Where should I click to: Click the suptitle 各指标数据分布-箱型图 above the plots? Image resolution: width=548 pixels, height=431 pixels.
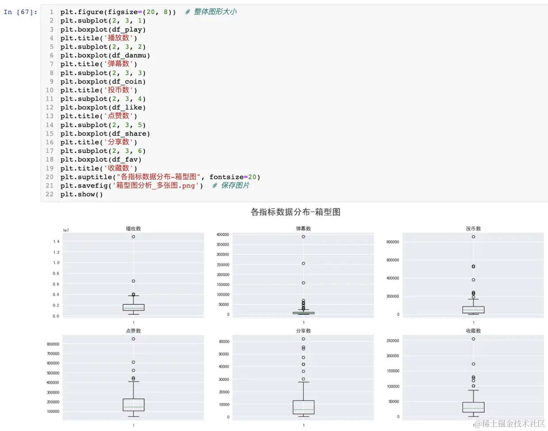(295, 212)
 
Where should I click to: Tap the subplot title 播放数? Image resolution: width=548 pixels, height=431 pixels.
(133, 229)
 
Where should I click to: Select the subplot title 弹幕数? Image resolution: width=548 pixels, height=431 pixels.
(303, 229)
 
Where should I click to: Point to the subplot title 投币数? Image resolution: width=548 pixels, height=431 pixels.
(473, 229)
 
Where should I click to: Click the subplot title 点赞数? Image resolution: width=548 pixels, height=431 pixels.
(133, 331)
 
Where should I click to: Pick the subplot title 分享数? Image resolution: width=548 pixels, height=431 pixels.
(303, 331)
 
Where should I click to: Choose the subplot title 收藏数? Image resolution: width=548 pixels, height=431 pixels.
(473, 331)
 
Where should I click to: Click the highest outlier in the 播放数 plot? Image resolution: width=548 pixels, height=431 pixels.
(133, 237)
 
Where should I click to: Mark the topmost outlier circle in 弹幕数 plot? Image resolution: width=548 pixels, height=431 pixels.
(303, 237)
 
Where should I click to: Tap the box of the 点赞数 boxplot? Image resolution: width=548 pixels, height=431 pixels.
(133, 405)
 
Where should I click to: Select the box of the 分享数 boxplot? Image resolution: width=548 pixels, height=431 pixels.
(303, 407)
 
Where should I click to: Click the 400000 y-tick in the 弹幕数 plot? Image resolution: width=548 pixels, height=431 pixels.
(222, 234)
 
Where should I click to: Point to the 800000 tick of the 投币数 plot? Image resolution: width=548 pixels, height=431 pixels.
(392, 242)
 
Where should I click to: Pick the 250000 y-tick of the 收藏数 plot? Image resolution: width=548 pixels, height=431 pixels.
(392, 341)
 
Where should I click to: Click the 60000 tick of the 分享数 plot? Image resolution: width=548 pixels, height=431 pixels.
(224, 342)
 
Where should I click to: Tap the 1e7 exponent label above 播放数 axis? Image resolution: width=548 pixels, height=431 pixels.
(66, 231)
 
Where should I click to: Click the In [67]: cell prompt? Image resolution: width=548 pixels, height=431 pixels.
(20, 12)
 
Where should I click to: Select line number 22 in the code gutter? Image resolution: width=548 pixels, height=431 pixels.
(49, 194)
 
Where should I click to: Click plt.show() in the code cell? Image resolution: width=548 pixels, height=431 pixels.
(81, 194)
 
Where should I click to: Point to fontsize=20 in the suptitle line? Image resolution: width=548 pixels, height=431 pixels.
(232, 177)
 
